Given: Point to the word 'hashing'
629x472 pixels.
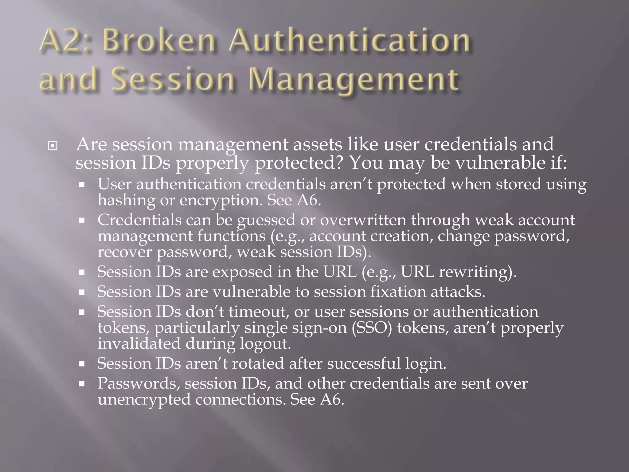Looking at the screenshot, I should pyautogui.click(x=127, y=200).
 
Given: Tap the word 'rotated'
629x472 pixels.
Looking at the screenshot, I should pyautogui.click(x=258, y=364).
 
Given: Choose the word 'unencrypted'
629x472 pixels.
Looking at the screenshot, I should pyautogui.click(x=144, y=400).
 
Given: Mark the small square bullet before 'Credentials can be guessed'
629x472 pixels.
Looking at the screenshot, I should pyautogui.click(x=81, y=221).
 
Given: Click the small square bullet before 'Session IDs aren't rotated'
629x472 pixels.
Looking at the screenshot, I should pyautogui.click(x=81, y=364).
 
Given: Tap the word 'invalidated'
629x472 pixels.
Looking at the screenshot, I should pyautogui.click(x=139, y=344).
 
